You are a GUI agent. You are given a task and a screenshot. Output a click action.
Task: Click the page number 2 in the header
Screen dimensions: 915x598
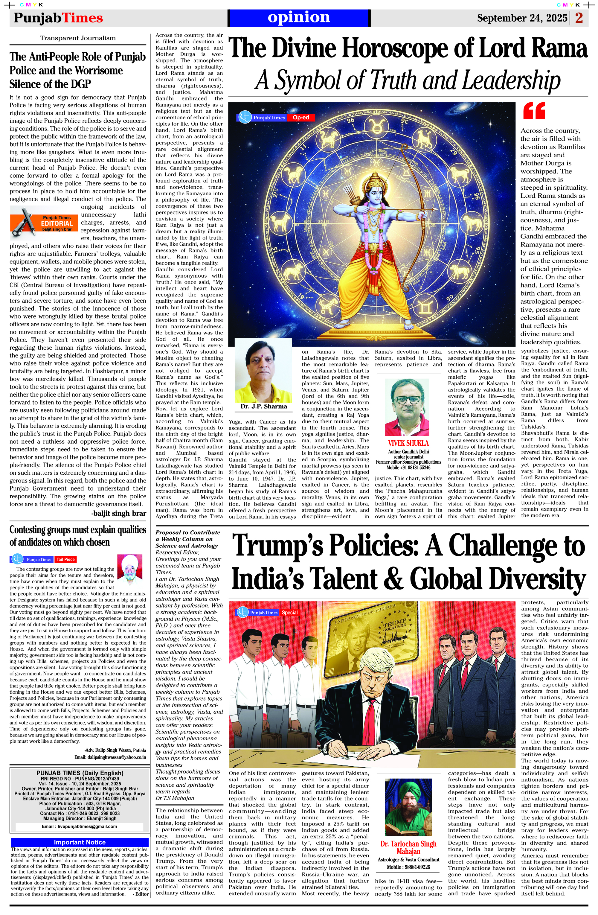pos(579,18)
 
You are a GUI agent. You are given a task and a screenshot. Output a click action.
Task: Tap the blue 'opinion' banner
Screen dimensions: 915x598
pos(299,18)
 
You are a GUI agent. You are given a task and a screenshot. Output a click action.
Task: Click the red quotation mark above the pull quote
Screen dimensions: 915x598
pos(534,111)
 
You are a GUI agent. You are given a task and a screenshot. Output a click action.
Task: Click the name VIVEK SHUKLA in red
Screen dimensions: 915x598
pos(408,443)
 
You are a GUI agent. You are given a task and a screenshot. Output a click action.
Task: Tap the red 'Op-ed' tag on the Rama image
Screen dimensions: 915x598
pos(300,117)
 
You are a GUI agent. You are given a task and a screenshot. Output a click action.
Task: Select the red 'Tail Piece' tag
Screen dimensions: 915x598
pos(66,559)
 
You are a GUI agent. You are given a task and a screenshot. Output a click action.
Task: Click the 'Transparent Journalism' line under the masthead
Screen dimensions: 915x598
pos(78,38)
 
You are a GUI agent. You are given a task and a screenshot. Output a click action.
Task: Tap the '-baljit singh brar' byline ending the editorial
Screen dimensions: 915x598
pos(119,513)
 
